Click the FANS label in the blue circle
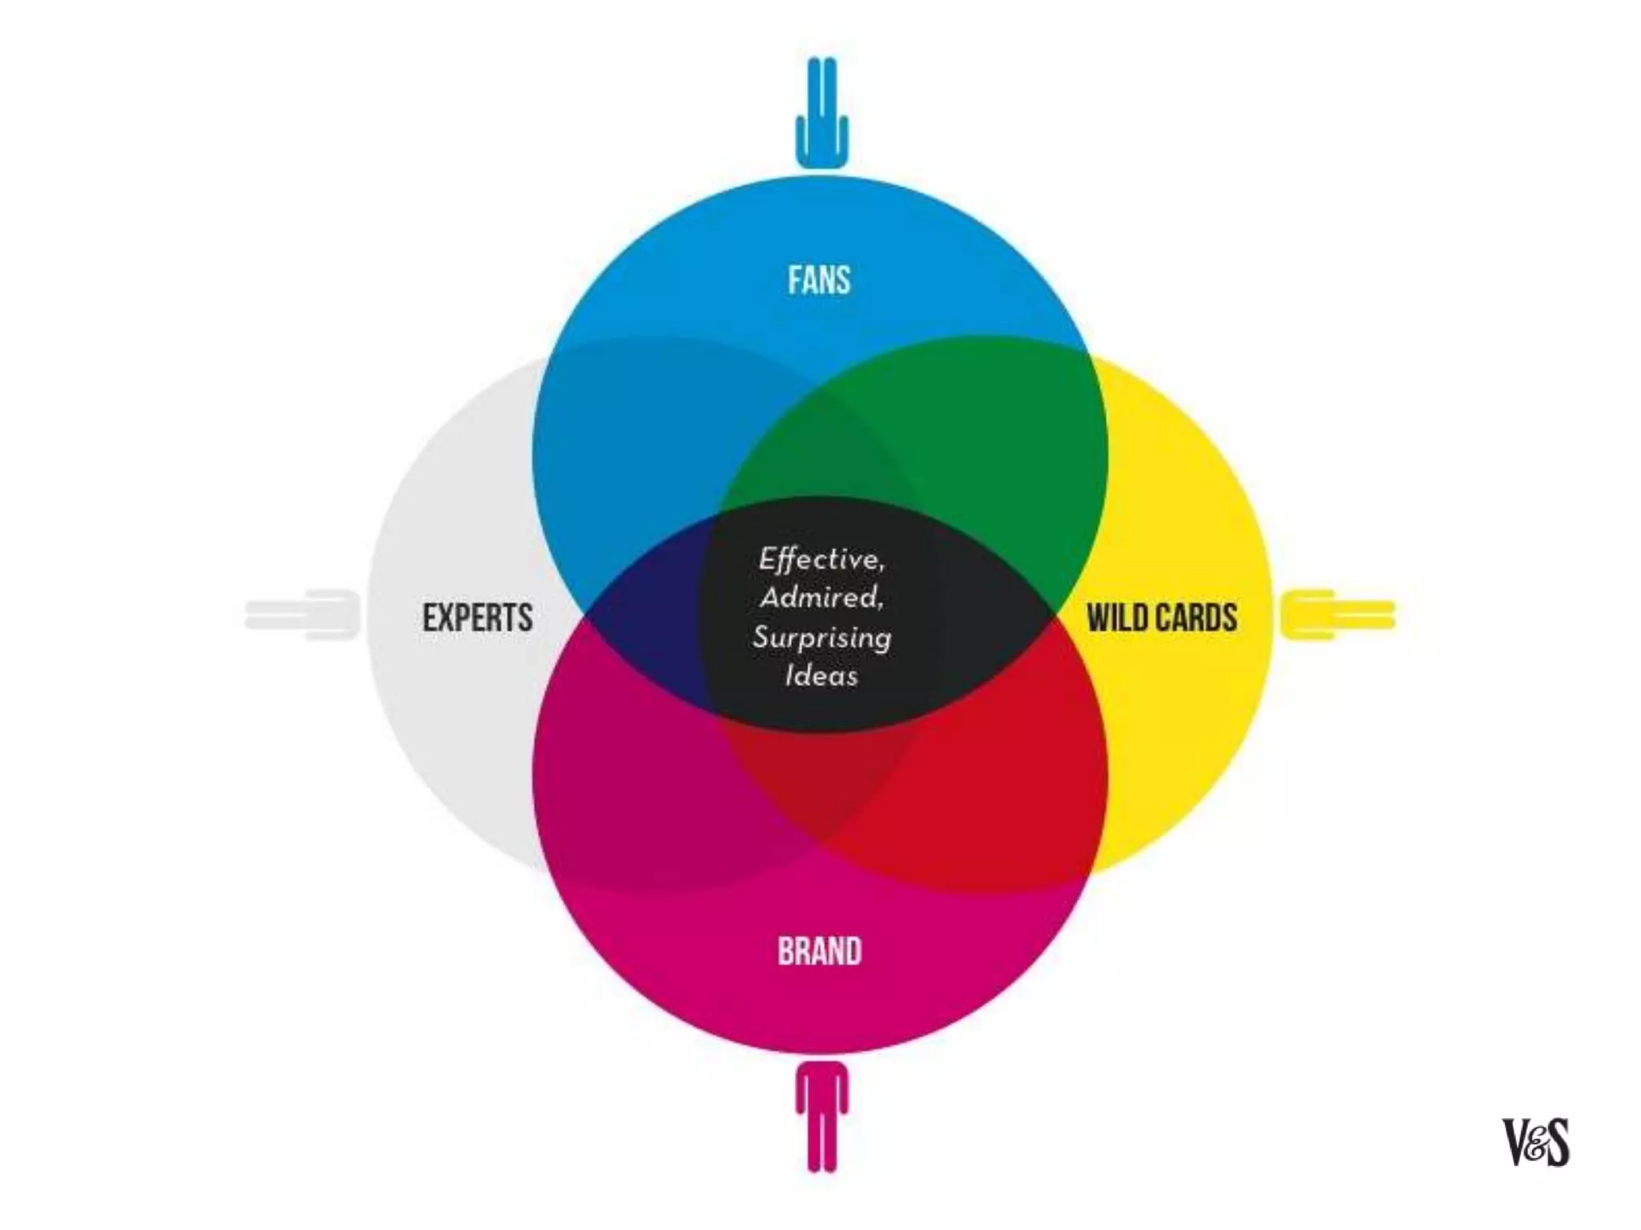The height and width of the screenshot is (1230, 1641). pos(819,280)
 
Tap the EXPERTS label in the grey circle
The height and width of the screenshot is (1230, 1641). pos(478,617)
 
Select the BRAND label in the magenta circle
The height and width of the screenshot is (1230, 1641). pos(820,951)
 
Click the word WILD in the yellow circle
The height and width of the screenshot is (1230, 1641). pos(1117,617)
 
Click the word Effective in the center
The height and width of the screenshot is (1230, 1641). pos(820,559)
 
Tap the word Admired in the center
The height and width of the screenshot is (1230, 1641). pos(820,597)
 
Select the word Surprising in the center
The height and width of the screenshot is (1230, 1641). pos(821,638)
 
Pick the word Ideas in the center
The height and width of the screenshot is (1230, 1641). pos(821,676)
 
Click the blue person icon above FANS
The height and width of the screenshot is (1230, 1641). pos(821,112)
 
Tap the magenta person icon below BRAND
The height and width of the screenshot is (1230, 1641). pos(821,1116)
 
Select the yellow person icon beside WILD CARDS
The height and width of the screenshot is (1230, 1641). pos(1337,614)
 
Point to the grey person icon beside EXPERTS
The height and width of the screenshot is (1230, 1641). pos(302,614)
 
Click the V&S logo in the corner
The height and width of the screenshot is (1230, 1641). pos(1535,1142)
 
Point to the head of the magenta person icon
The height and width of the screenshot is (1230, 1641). pos(821,1073)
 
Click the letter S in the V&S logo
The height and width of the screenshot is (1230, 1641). pos(1554,1142)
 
